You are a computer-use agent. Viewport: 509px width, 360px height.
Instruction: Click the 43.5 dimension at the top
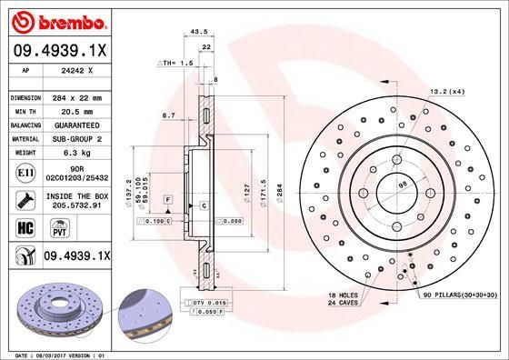[x=195, y=31]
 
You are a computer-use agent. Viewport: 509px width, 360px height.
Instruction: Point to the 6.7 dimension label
[x=167, y=115]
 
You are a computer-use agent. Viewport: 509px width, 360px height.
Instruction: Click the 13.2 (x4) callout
[x=446, y=90]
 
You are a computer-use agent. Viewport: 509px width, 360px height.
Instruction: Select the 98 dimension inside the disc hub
[x=403, y=187]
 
